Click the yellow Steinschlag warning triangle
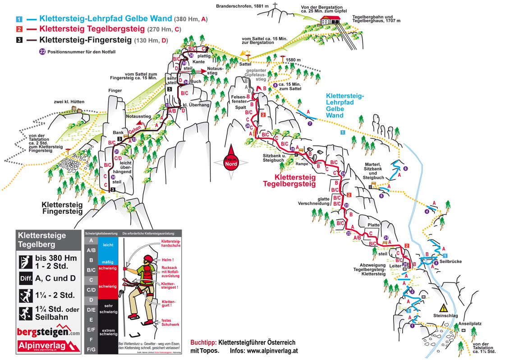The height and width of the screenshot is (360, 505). [444, 308]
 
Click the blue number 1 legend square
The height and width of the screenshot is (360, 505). [19, 19]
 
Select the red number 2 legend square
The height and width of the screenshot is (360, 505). [19, 29]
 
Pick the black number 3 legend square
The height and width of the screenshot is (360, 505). [19, 40]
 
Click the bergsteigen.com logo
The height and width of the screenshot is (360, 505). [48, 332]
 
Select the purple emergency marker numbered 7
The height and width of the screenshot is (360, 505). [310, 123]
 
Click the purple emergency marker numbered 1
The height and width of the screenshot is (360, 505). [412, 326]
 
